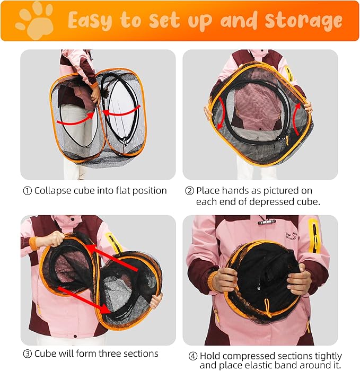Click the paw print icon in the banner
point(34,20)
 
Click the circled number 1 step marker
point(27,191)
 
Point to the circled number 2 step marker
point(189,191)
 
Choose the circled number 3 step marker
point(27,354)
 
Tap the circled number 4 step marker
point(193,356)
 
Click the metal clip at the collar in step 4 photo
point(266,222)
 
